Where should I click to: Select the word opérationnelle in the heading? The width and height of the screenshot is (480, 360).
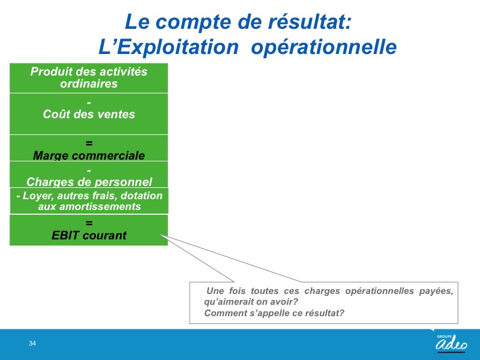pos(324,47)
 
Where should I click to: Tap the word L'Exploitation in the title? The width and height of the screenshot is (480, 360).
pos(169,47)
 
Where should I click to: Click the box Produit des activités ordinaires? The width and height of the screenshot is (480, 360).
pos(89,78)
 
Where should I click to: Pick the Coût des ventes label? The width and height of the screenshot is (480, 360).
pos(89,114)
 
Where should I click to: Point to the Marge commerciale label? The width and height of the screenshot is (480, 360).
pos(89,155)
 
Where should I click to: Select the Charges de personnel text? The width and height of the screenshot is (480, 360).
pos(89,182)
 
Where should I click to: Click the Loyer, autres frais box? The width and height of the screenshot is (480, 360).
pos(89,201)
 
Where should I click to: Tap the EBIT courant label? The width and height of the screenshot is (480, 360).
pos(89,235)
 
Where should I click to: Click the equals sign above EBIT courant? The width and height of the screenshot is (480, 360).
pos(89,223)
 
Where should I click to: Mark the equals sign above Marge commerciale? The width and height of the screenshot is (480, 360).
pos(89,143)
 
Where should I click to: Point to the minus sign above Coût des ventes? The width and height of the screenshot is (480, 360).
pos(89,103)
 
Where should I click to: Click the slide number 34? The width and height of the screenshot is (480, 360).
pos(32,343)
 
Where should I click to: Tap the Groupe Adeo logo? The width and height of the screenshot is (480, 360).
pos(452,343)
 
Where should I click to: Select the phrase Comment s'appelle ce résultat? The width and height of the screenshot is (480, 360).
pos(274,313)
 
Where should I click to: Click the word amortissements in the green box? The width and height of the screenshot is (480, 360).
pos(100,206)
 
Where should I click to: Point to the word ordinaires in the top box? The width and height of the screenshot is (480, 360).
pos(89,83)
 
